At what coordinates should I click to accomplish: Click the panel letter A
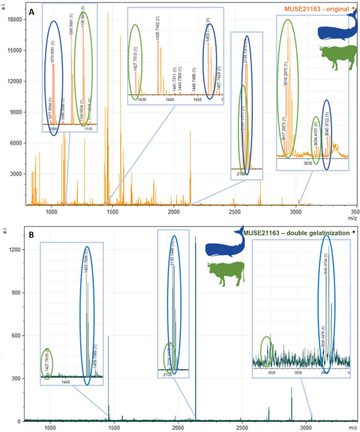click(32, 12)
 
